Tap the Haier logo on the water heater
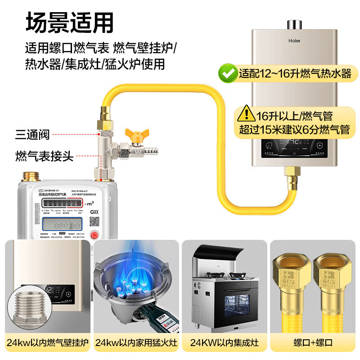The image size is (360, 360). pos(294,40)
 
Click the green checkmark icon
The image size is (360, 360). pos(227,73)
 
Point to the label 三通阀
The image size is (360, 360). pos(32,134)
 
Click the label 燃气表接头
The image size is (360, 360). pos(44,156)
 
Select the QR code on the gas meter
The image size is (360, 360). pos(94,221)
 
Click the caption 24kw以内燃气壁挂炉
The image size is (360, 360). pos(47,342)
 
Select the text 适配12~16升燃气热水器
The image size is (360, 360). pos(295,73)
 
